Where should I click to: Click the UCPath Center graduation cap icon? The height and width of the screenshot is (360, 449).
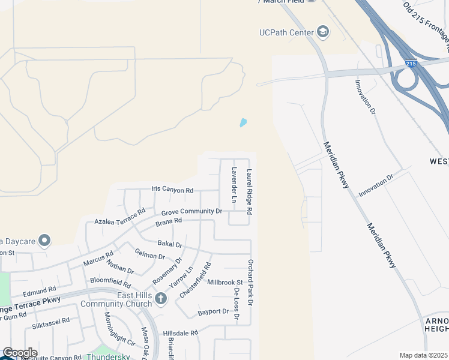click(323, 32)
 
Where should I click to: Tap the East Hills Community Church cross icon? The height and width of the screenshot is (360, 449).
click(160, 298)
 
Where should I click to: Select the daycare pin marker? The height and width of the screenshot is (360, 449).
click(44, 241)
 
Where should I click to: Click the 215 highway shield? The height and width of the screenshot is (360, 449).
click(411, 63)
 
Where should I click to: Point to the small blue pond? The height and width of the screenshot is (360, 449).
click(243, 122)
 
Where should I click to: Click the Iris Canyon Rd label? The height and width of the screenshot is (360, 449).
click(172, 190)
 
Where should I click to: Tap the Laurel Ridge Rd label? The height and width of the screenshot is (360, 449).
click(249, 192)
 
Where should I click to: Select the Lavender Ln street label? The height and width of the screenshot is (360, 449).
click(235, 184)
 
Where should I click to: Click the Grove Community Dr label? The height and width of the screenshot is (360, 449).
click(191, 211)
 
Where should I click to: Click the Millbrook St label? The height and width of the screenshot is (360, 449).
click(224, 282)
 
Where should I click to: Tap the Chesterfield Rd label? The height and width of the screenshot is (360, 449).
click(195, 280)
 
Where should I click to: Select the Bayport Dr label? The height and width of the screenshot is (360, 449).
click(213, 311)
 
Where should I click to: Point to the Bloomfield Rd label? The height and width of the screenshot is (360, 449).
click(110, 282)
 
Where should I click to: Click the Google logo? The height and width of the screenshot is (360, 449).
click(20, 353)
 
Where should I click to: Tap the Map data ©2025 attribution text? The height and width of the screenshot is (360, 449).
click(423, 355)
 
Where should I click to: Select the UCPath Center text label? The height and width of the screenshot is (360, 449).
click(287, 32)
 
